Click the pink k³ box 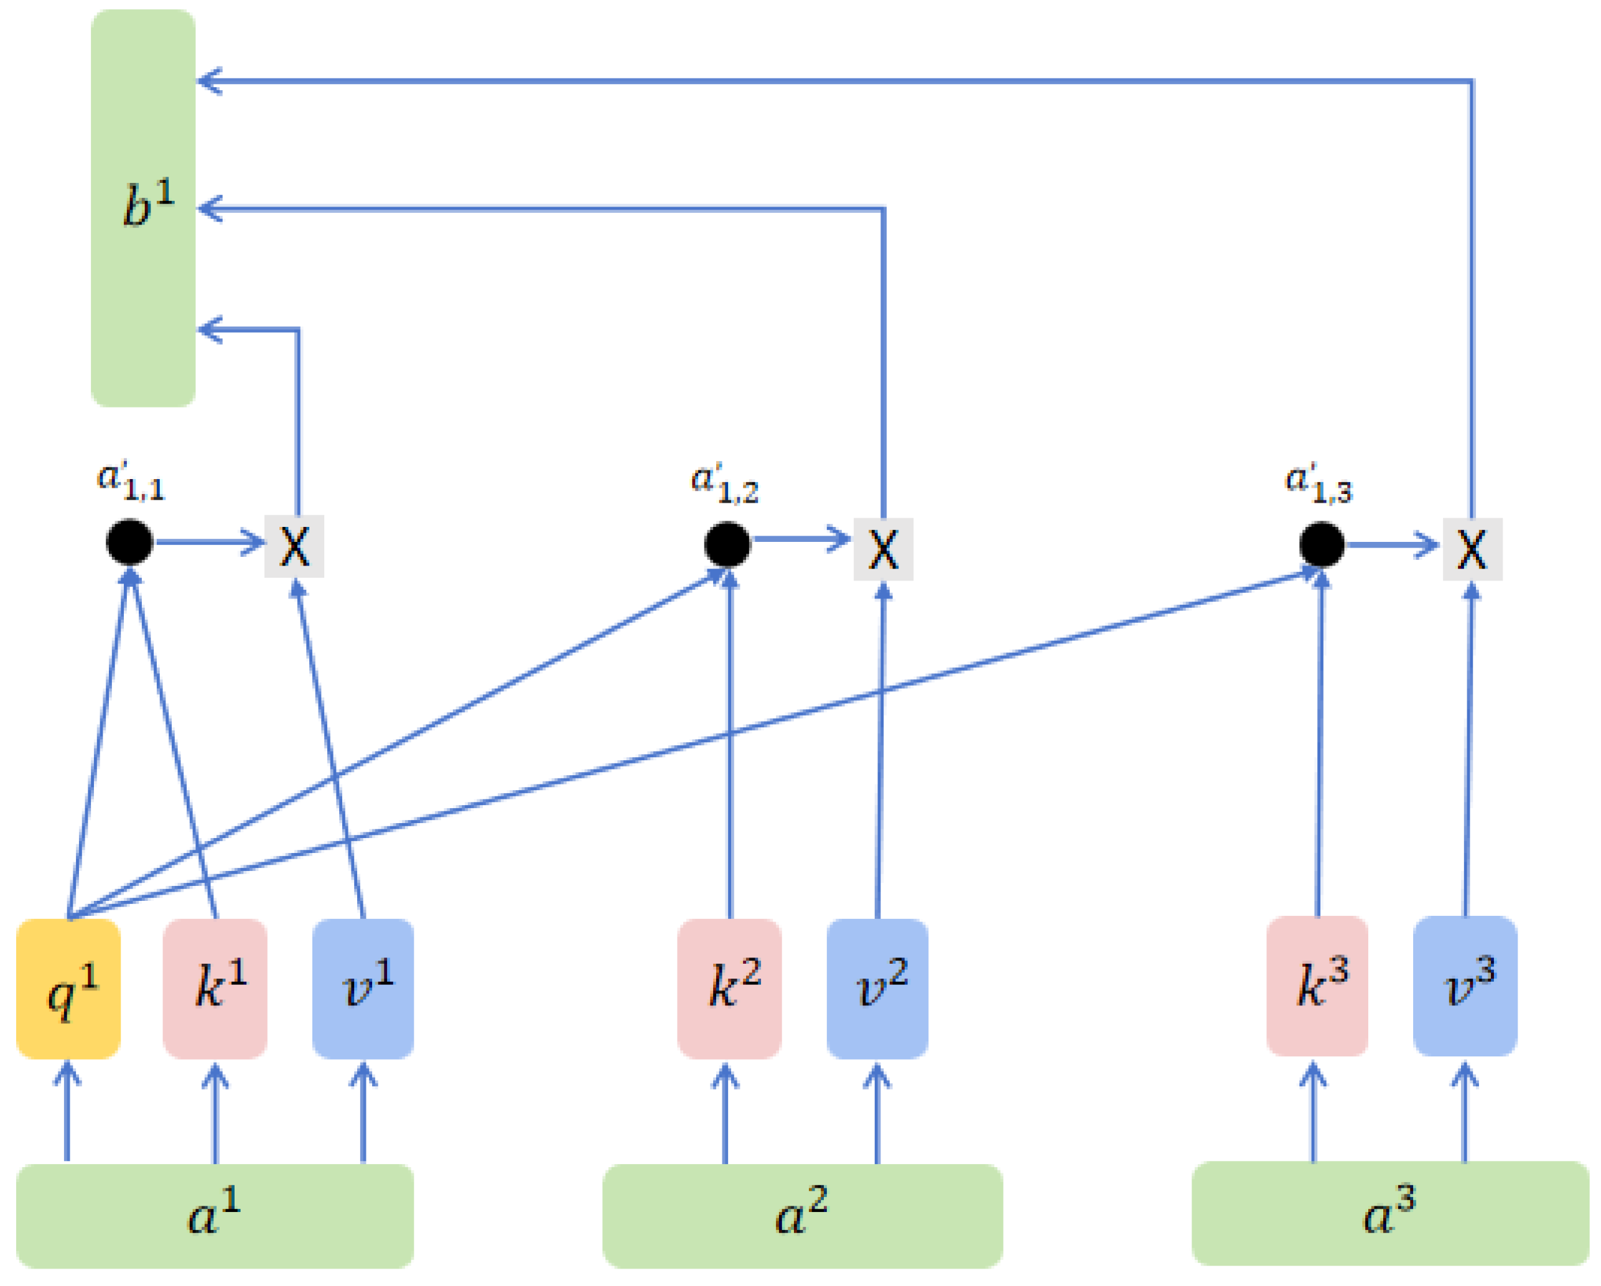point(1317,986)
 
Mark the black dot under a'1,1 point(130,542)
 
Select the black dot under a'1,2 point(727,544)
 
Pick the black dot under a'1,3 point(1322,544)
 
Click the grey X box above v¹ point(295,546)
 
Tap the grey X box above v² point(883,549)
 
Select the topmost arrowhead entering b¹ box point(208,81)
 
